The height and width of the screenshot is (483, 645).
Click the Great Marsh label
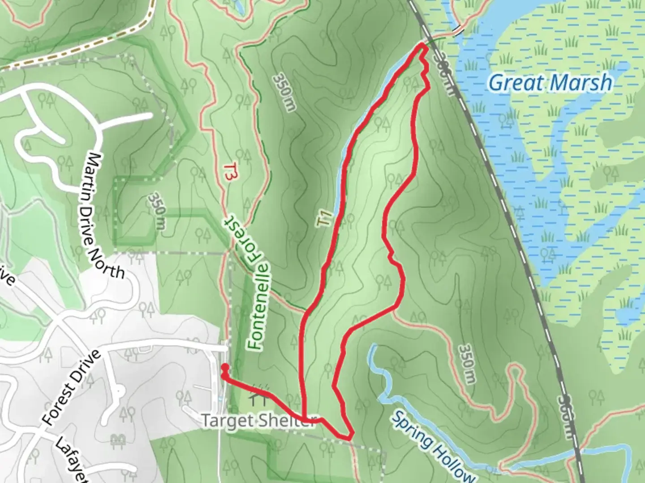[550, 83]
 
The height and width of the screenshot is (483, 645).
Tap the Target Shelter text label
[258, 421]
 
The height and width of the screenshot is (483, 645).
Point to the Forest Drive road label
[72, 388]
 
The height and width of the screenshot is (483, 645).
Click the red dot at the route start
[225, 367]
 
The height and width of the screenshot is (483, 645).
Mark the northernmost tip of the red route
[422, 46]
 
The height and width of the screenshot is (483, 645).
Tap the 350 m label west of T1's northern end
[283, 93]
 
